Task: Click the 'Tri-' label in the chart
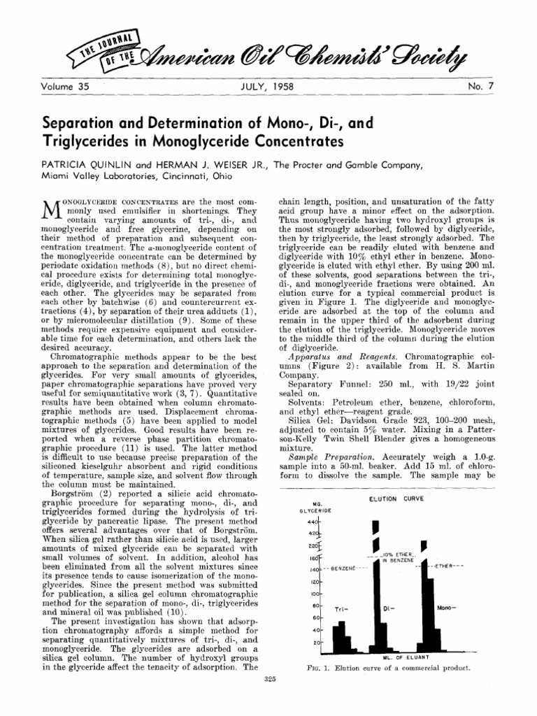pos(341,608)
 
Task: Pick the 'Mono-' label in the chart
pos(447,608)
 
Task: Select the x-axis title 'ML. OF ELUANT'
pos(401,657)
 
